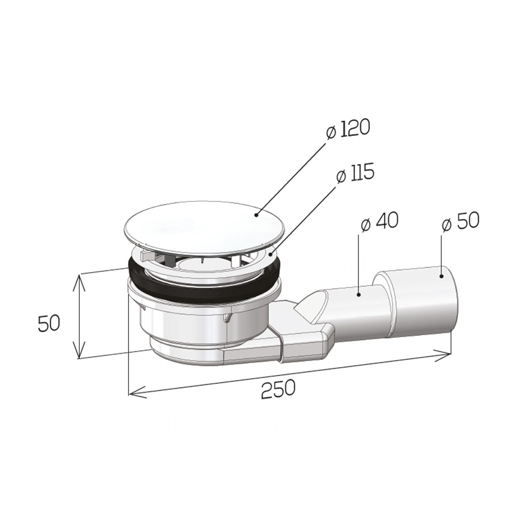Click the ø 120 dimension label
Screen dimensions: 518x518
[x=347, y=129]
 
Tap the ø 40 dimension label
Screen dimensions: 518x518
[x=380, y=221]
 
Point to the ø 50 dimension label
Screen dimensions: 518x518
[x=460, y=221]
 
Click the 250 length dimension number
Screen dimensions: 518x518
[x=278, y=389]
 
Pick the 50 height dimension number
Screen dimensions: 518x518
[x=49, y=323]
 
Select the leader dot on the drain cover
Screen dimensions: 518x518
[x=256, y=215]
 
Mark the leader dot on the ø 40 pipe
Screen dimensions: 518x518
[x=359, y=294]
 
